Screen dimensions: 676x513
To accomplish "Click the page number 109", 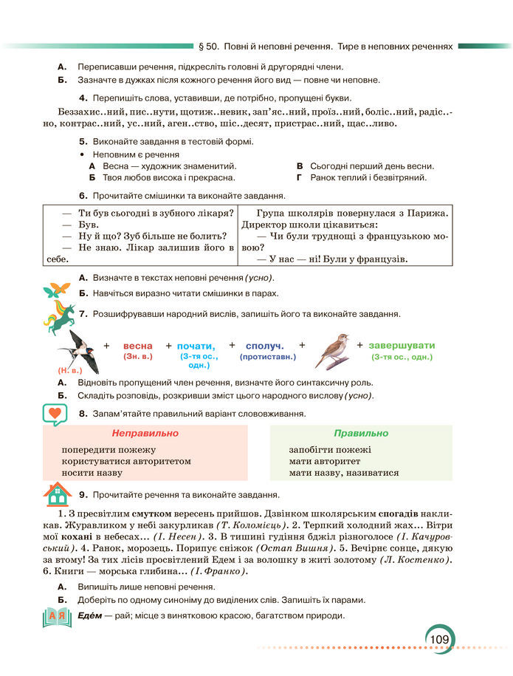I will (x=441, y=638).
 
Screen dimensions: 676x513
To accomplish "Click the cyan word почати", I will (x=196, y=346).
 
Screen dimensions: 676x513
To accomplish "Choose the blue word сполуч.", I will (x=265, y=346).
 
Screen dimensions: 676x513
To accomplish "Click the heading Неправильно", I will (x=145, y=433).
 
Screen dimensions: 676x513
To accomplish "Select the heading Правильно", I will (x=360, y=433).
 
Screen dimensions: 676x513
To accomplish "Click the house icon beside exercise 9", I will (x=57, y=492).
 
